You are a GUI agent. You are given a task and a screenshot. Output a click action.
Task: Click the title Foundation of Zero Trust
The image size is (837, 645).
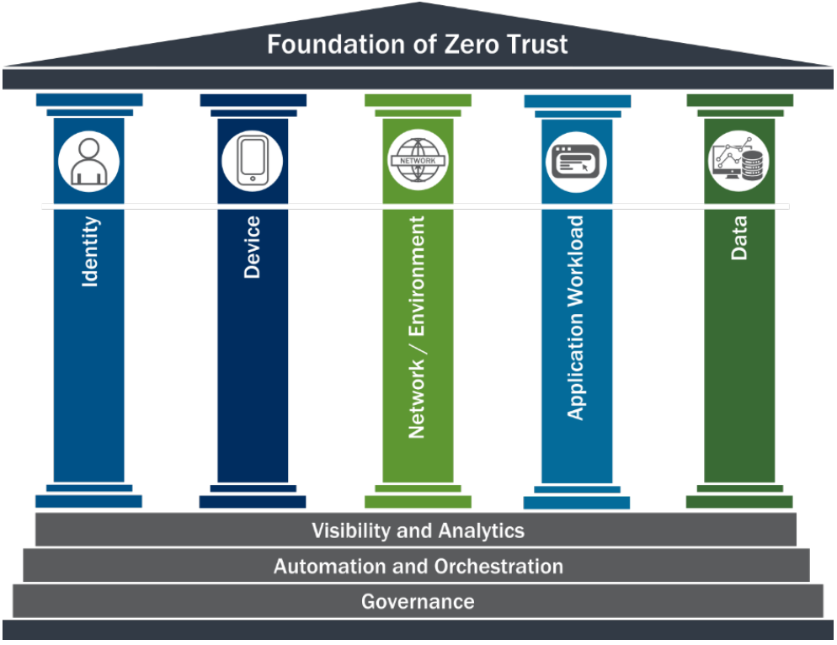pos(418,44)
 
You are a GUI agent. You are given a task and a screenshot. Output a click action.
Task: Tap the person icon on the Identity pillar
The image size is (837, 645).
pos(88,160)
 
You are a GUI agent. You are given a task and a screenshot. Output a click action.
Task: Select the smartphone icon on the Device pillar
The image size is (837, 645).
pos(252,160)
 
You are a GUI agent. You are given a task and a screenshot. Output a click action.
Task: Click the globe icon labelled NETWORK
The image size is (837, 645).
pos(418,159)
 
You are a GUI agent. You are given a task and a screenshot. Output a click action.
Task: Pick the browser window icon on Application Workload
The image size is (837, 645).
pos(577,159)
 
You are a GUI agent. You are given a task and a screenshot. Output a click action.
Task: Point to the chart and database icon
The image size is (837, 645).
pos(738,160)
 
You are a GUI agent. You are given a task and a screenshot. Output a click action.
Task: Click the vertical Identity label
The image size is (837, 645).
pos(90,252)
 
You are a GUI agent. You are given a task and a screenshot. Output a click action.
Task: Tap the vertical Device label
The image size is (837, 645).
pos(253,248)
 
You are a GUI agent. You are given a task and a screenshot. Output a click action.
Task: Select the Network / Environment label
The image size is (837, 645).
pos(417,327)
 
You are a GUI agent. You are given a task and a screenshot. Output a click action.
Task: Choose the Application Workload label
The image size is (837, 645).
pos(576,318)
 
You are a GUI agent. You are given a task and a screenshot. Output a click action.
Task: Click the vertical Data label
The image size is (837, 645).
pos(739,239)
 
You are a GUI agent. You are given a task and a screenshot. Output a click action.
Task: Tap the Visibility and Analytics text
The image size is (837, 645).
pos(418,530)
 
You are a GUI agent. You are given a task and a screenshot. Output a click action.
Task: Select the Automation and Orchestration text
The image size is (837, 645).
pos(418,566)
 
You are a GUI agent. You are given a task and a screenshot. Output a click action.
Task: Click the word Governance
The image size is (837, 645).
pos(418,601)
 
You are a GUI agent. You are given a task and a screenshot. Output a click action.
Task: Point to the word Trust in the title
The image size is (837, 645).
pos(531,44)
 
